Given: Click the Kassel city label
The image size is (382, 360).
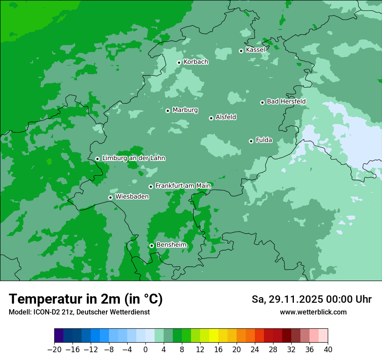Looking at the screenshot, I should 255,50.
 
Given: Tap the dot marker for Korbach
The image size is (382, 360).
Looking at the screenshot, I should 179,62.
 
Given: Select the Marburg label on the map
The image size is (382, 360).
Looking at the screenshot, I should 185,110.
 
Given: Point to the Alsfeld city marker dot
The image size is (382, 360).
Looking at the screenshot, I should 211,118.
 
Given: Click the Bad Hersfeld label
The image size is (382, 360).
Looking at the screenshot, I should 286,101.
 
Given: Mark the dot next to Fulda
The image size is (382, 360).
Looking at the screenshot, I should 251,141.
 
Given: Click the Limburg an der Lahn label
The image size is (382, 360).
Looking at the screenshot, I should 133,158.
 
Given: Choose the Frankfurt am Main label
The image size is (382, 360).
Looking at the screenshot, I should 183,186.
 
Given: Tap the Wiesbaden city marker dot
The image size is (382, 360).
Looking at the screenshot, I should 110,198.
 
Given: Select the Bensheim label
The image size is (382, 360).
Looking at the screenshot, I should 171,245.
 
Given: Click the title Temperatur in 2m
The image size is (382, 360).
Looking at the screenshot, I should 86,299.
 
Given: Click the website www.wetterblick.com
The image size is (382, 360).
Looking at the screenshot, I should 313,312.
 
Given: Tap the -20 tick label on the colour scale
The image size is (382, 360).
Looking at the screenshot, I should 54,350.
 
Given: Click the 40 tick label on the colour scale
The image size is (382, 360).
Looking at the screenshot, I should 328,350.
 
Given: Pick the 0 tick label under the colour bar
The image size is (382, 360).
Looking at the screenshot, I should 145,350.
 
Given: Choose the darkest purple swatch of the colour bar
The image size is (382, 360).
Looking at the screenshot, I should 59,336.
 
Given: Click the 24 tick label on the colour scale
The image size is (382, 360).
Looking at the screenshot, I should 255,350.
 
